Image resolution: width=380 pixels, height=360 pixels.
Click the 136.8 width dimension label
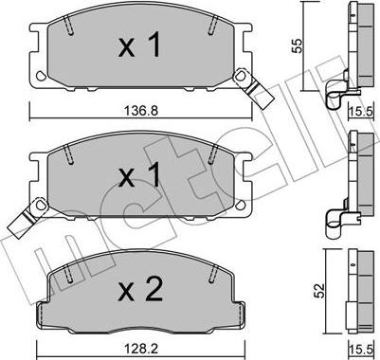coord(141,111)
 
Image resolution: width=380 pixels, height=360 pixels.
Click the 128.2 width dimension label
coord(141,349)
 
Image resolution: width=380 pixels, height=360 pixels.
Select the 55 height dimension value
coord(298,45)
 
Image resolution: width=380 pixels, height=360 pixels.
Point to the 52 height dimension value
coord(319,291)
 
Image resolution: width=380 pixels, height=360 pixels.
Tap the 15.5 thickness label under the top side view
coord(361,111)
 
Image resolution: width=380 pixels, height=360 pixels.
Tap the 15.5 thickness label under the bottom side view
coord(361,350)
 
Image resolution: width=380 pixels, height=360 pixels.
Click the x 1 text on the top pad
coord(139,46)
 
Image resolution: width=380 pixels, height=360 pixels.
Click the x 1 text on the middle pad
coord(139,177)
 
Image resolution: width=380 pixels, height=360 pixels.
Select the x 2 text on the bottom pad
coord(140,289)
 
